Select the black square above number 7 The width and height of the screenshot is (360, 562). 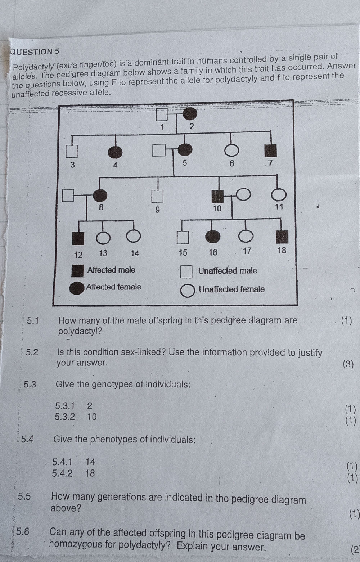click(270, 150)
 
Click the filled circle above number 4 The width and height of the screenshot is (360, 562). click(115, 152)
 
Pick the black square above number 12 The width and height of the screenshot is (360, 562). click(78, 238)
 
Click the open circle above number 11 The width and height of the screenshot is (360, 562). click(279, 195)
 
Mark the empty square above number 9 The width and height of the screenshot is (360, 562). click(157, 196)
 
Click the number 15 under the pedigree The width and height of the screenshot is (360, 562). click(183, 253)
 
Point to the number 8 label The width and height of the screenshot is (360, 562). click(101, 207)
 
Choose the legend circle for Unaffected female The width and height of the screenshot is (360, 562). click(187, 291)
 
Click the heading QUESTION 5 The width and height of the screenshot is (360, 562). click(35, 51)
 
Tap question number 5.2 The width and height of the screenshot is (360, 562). click(32, 352)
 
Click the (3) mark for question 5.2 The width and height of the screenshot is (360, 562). click(348, 364)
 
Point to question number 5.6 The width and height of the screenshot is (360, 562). click(23, 532)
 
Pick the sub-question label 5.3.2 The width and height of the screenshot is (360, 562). click(65, 417)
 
